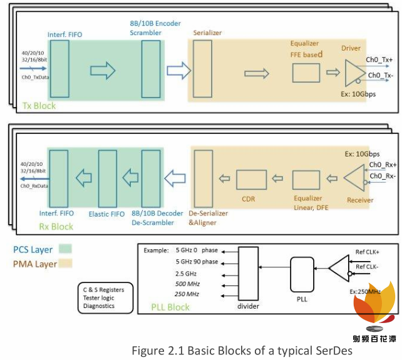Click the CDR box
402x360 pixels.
pos(252,180)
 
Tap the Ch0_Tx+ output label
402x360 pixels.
pos(379,60)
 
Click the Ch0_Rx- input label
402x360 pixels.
pos(382,176)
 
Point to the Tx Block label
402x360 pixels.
pos(39,106)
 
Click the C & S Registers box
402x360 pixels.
pos(103,299)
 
